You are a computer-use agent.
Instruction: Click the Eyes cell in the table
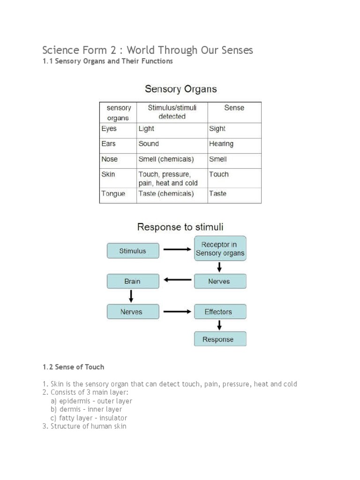click(x=109, y=129)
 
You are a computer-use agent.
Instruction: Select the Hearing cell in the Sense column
click(x=221, y=144)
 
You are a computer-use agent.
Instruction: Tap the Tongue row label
click(x=113, y=194)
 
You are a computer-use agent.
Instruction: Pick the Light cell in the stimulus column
click(x=146, y=129)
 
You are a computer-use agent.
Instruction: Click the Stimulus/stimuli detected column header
click(x=172, y=112)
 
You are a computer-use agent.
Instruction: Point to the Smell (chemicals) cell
click(x=166, y=159)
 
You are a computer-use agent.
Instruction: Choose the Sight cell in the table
click(x=217, y=129)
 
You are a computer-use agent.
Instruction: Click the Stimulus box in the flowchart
click(x=133, y=251)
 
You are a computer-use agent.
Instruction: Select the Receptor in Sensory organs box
click(x=220, y=249)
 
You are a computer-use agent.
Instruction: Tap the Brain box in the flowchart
click(x=133, y=281)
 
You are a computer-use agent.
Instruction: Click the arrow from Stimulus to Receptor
click(x=177, y=250)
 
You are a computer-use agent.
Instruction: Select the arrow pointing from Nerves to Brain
click(x=177, y=281)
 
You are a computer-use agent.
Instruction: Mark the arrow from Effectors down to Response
click(x=219, y=325)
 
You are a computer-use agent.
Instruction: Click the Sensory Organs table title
click(x=180, y=89)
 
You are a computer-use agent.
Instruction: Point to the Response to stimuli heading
click(x=180, y=227)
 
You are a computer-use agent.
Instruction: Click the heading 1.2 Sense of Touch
click(x=73, y=367)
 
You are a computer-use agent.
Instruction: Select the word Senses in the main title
click(x=237, y=50)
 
